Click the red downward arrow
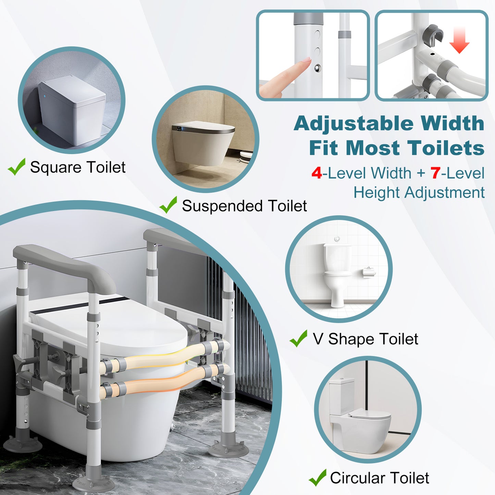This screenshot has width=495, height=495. click(459, 41)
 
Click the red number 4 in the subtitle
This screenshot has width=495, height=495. click(317, 173)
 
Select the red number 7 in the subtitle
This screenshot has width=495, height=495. click(435, 173)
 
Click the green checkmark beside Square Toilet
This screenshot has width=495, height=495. click(16, 167)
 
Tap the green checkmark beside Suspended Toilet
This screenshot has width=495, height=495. click(168, 205)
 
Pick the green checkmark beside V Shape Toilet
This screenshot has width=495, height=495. click(298, 339)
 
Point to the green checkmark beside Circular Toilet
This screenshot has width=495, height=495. click(317, 478)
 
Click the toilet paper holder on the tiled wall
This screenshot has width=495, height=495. click(369, 272)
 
